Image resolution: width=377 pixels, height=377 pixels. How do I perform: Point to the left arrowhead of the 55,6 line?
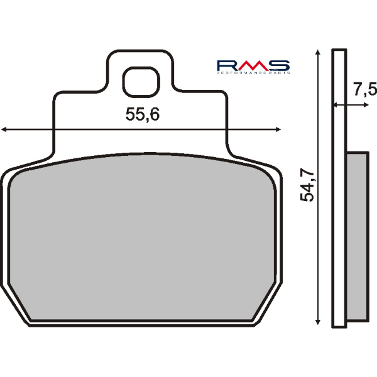(4, 129)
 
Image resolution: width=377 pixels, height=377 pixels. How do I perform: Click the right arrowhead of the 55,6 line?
(277, 129)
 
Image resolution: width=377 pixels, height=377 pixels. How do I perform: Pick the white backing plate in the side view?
(339, 188)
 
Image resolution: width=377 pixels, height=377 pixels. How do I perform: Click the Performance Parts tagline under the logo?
(253, 74)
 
